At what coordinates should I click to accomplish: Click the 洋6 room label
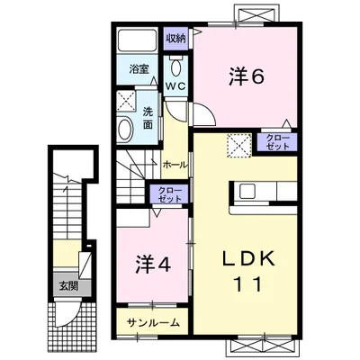[x=246, y=78]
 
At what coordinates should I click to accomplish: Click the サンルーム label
[x=153, y=321]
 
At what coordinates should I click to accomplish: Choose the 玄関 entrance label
[x=68, y=286]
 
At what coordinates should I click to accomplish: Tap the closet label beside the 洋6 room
[x=276, y=142]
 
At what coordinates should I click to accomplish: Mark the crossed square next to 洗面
[x=127, y=101]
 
